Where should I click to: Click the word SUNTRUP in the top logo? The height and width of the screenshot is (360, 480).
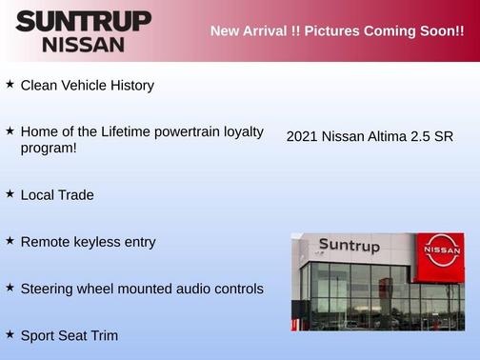[83, 21]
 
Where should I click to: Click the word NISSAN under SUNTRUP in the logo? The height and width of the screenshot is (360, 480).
[83, 44]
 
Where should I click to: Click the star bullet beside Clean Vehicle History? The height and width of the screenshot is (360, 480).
[10, 85]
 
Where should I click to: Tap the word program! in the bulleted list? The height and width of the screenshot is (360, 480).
[49, 148]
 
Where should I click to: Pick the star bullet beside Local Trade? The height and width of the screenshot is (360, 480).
[10, 193]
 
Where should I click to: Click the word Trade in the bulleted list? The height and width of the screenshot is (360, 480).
[75, 194]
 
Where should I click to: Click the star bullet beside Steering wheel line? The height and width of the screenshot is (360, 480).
[10, 287]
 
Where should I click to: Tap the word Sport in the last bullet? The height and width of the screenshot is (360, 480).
[39, 335]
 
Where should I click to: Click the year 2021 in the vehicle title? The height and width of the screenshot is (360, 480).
[302, 136]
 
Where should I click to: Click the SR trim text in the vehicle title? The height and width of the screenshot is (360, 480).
[444, 136]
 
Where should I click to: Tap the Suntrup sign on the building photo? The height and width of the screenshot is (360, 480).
[349, 247]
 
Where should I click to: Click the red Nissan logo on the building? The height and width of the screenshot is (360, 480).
[442, 250]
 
